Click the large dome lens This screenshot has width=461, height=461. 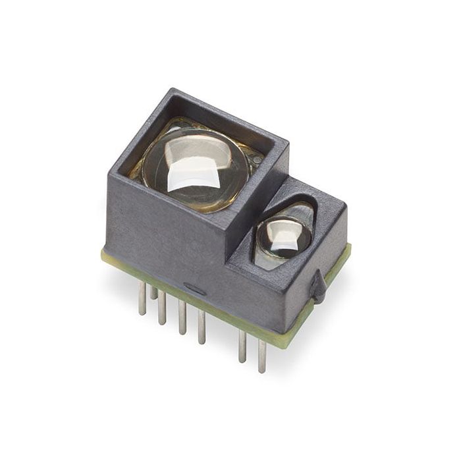pos(196,168)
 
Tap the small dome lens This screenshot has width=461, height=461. pos(283,237)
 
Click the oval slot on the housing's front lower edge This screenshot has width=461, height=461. pos(194,288)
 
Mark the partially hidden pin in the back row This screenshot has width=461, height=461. pos(153,292)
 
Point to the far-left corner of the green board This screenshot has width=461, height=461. pos(103,254)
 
